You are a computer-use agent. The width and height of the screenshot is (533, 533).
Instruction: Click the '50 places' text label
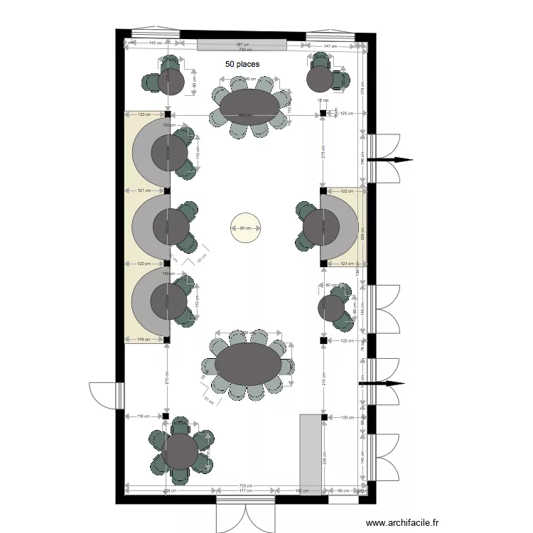tap(242, 64)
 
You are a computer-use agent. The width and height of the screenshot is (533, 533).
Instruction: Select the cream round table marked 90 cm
tap(245, 228)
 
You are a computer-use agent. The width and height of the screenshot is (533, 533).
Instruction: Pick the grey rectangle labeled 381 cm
tap(242, 45)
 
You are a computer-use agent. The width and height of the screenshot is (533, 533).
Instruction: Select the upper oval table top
tap(249, 107)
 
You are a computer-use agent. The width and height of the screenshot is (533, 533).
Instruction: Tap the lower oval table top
tap(249, 363)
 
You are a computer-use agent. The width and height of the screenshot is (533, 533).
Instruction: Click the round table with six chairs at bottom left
tap(180, 451)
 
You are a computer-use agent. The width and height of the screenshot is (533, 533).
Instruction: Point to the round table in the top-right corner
tap(320, 79)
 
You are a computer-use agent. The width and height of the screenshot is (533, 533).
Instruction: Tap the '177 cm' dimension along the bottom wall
tap(246, 490)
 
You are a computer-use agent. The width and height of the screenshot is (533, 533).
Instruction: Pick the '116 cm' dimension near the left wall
tap(143, 416)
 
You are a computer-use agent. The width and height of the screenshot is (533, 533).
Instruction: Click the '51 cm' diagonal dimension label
tap(209, 401)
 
